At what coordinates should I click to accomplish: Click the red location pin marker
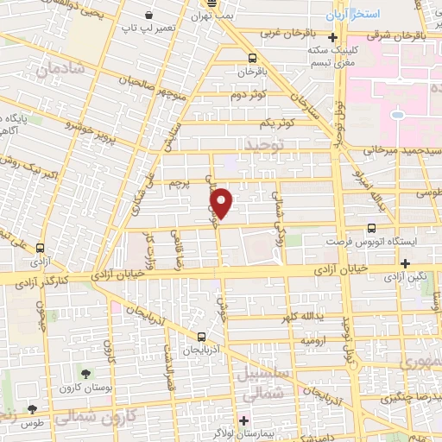(x=223, y=203)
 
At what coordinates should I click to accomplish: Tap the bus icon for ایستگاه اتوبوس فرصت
(x=371, y=229)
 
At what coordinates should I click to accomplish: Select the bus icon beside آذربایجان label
(x=200, y=337)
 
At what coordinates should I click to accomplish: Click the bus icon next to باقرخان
(x=251, y=59)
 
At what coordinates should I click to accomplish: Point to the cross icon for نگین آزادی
(x=405, y=263)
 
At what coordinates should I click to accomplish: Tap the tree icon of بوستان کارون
(x=85, y=373)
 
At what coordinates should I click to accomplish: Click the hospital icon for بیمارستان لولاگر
(x=244, y=420)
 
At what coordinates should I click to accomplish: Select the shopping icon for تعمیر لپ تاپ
(x=150, y=16)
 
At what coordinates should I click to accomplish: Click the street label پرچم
(x=177, y=184)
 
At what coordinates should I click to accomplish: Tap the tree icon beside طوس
(x=32, y=408)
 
